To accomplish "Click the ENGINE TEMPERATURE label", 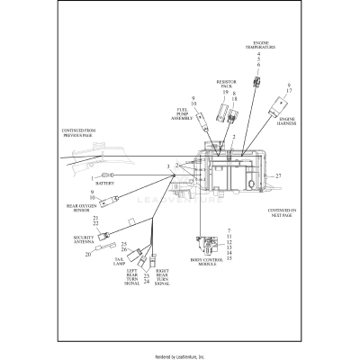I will point(263,44).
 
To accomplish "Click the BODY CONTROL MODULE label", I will point(209,264).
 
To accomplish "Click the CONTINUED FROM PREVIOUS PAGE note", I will point(84,132).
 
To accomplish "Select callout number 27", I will point(279,175).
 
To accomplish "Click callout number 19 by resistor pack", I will point(225,94).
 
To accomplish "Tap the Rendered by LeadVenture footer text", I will point(180,355).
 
